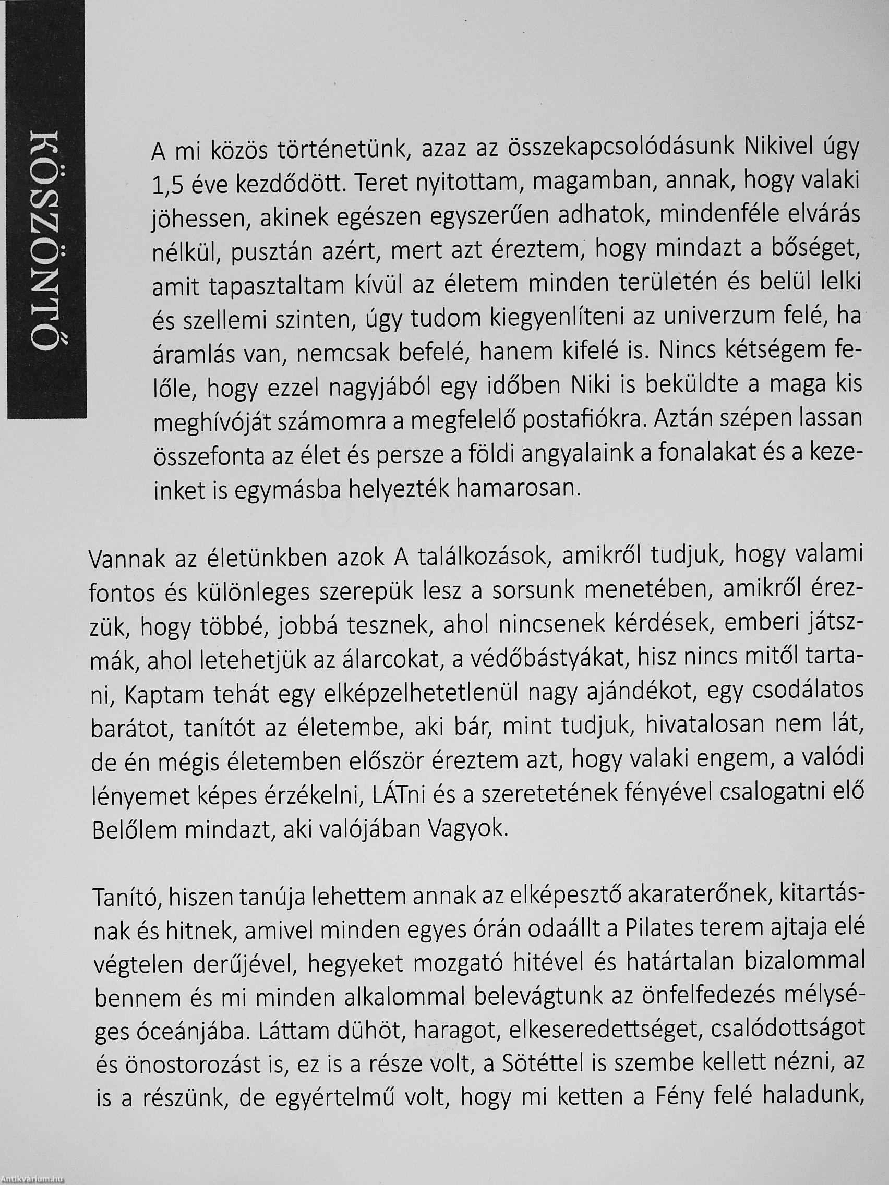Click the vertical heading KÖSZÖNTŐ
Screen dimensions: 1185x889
point(45,241)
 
